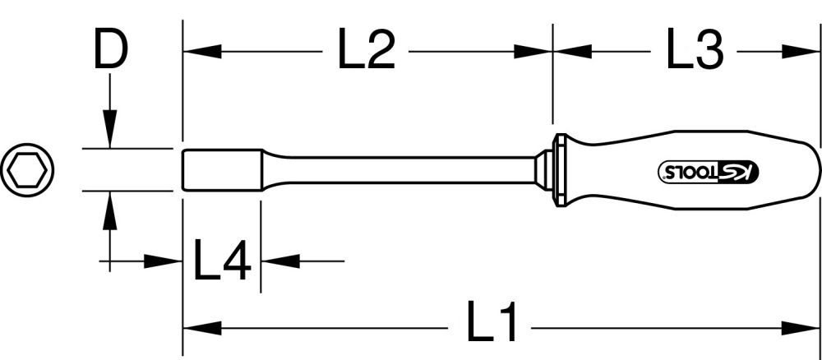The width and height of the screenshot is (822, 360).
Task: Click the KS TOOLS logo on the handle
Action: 709,170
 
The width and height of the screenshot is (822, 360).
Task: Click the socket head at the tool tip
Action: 220,169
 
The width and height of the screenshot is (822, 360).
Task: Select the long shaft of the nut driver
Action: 403,169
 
